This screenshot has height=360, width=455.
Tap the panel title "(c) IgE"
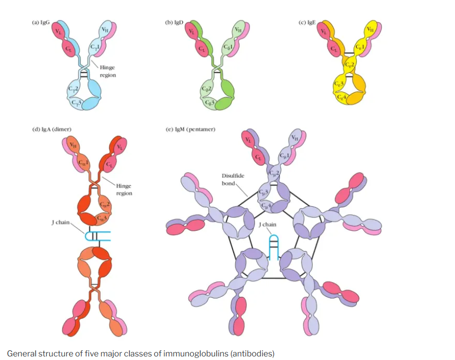306,22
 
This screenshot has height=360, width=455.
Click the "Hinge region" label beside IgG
107,71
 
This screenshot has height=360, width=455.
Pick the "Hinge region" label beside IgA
124,189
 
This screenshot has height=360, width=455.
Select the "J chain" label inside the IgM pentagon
268,224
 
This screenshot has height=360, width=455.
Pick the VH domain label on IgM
296,137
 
